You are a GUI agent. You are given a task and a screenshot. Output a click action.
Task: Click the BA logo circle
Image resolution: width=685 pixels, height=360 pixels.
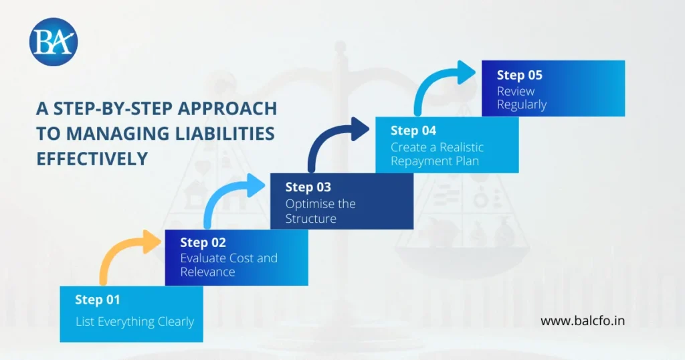coord(54,41)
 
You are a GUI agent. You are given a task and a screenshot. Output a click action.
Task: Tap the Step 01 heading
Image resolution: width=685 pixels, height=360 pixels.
coord(98,300)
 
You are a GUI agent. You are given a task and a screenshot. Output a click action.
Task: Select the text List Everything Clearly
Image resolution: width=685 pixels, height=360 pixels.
coord(134,322)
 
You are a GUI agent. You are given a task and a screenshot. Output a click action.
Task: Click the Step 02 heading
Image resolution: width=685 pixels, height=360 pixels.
coord(203,242)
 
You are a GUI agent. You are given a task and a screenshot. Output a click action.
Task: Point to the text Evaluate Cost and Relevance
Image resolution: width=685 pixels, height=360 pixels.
coord(228,265)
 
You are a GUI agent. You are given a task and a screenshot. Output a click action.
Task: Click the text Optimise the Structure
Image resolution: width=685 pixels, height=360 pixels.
coord(320,211)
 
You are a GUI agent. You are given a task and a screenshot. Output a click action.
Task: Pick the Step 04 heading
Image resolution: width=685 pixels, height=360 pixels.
coord(413,130)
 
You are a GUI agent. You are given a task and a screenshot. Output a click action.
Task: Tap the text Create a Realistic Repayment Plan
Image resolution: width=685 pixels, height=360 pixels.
coord(437,154)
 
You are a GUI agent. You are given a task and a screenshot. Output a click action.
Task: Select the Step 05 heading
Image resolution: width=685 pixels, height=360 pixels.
coord(519,75)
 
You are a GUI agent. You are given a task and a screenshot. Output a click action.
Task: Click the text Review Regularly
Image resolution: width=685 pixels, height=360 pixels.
coord(521,98)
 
